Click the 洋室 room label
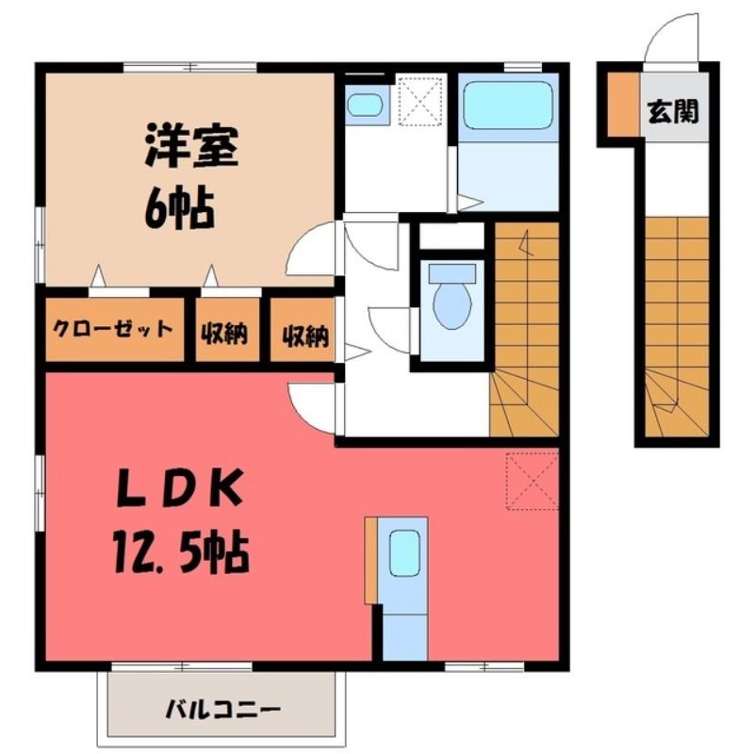pos(192,145)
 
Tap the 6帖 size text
pos(179,209)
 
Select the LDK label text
pos(179,488)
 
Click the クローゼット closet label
pos(112,330)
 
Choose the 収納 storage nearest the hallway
pos(304,336)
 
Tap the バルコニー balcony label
pos(222,710)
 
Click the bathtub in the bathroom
pos(508,105)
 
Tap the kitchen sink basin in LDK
pos(404,553)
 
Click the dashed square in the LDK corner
pos(532,481)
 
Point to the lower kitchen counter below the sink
pos(404,637)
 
